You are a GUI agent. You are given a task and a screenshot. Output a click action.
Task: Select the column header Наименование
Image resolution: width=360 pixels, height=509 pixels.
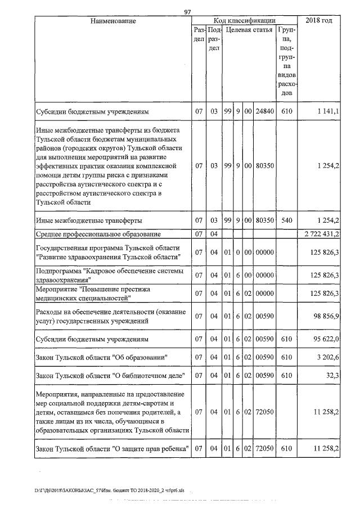point(112,21)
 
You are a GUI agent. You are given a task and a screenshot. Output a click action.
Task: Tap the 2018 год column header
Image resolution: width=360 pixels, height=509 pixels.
point(318,21)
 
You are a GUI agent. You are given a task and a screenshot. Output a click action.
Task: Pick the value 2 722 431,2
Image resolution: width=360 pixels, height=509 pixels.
point(321,233)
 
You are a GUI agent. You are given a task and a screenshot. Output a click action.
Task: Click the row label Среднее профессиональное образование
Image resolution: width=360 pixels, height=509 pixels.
point(98,233)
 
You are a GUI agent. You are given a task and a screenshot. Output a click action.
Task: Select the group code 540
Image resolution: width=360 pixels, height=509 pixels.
point(287,220)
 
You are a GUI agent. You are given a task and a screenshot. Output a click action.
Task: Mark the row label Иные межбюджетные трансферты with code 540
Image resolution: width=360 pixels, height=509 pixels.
point(88,220)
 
